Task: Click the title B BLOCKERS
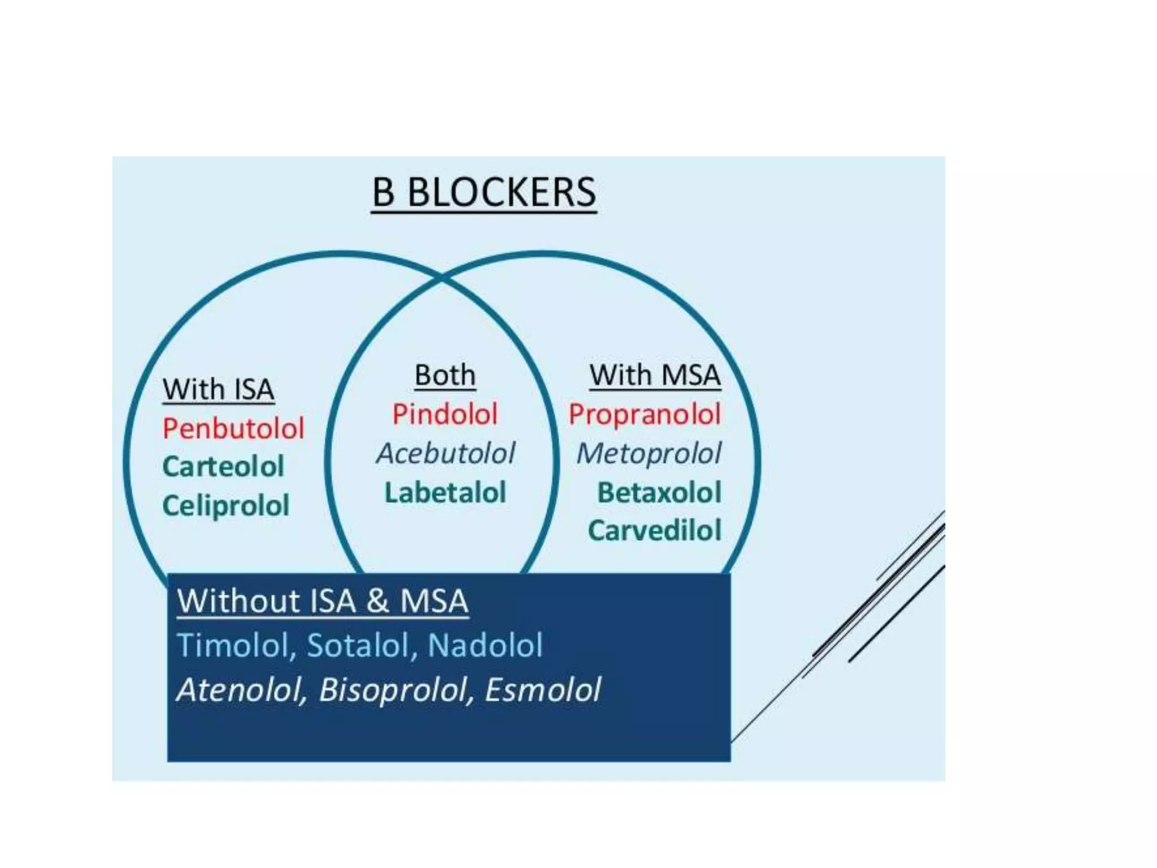484,193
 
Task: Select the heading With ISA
218,389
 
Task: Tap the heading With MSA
655,375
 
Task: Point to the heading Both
445,375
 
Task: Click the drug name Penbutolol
233,428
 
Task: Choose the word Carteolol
223,467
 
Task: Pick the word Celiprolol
226,506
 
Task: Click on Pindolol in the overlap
445,414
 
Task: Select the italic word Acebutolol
445,453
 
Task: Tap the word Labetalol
445,492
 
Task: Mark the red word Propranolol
645,414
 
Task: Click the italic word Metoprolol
649,453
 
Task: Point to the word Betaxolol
659,492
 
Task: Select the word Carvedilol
655,531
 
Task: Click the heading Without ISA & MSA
323,601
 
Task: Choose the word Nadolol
485,645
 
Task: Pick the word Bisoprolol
395,690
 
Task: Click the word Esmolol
543,690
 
